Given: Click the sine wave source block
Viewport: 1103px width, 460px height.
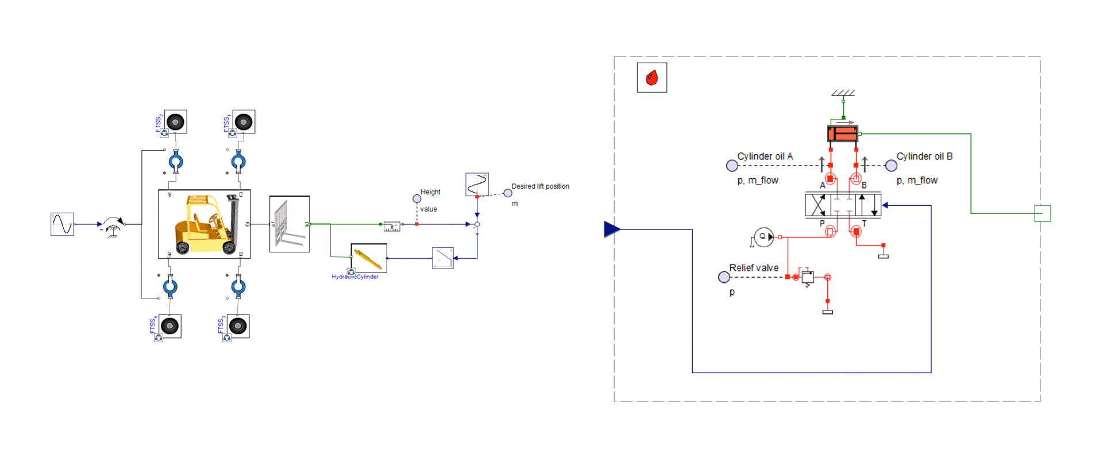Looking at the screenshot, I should click(62, 224).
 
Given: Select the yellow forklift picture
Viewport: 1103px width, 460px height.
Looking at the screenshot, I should click(205, 224).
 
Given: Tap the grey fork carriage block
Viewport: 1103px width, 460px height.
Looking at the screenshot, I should click(290, 224).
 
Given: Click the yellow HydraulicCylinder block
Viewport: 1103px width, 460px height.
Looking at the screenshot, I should click(369, 258).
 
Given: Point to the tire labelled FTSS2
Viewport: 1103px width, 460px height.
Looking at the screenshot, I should click(176, 122).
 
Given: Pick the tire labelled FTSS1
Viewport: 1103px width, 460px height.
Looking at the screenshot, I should click(244, 122).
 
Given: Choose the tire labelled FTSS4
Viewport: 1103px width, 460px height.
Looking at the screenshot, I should click(170, 326).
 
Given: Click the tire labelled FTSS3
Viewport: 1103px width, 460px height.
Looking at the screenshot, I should click(238, 326).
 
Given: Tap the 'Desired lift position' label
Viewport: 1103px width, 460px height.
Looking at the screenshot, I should click(540, 186).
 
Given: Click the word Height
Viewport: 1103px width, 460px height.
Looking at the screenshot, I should click(430, 192).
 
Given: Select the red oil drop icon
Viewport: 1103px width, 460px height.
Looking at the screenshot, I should click(652, 78).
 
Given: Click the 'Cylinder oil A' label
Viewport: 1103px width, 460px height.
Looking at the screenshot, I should click(765, 156).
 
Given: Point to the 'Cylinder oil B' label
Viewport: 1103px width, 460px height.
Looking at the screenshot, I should click(924, 156).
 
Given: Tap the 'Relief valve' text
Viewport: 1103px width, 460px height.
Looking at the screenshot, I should click(754, 268).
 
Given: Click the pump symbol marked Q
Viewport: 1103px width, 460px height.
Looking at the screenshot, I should click(763, 237).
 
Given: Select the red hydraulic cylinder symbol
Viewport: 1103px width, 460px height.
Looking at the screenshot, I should click(843, 134).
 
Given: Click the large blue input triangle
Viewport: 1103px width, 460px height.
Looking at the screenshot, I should click(612, 229).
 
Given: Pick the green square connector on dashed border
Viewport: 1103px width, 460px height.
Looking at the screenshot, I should click(1043, 213).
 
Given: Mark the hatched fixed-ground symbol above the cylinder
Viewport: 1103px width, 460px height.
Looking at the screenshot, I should click(843, 93).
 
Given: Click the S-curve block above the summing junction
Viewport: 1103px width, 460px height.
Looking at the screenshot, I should click(477, 184).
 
